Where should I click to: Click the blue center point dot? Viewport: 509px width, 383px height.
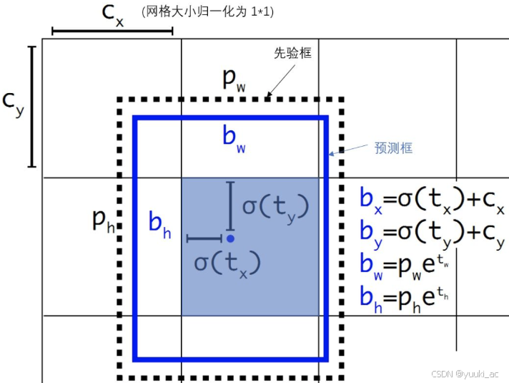[230, 238]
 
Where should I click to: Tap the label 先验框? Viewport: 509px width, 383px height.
[292, 53]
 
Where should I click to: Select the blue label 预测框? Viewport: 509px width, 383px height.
[393, 148]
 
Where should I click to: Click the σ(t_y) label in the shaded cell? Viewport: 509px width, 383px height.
[275, 207]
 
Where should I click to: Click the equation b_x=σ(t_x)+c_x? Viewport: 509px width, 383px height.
[433, 203]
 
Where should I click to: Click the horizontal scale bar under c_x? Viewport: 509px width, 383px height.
[112, 31]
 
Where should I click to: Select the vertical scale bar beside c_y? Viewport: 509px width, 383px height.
[31, 107]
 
